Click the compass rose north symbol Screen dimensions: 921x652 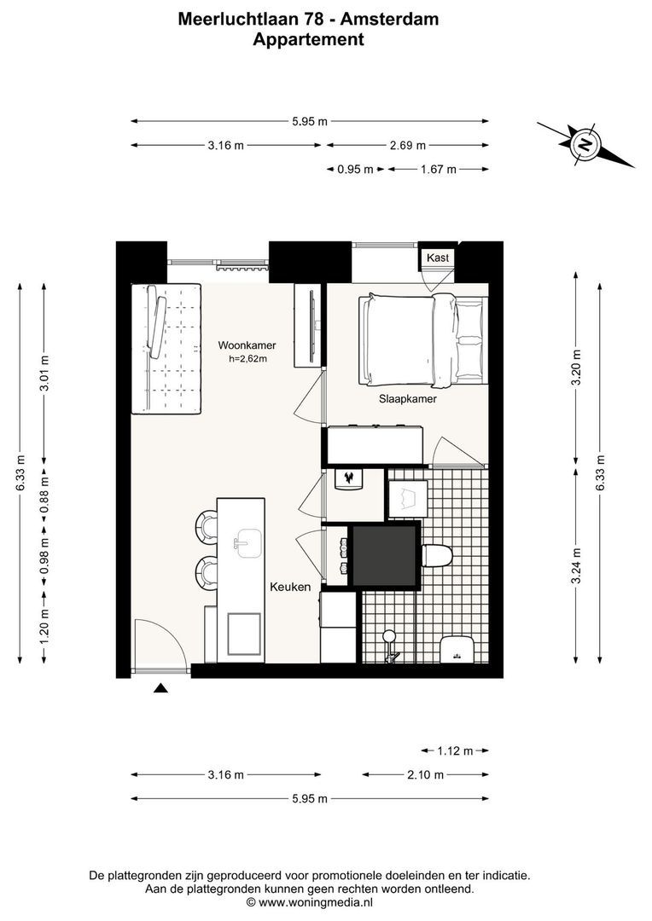[x=585, y=143]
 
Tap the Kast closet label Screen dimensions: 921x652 [x=438, y=257]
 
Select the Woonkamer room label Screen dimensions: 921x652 [x=247, y=345]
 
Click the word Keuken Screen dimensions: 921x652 [x=290, y=587]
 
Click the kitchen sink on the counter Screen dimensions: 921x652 [x=248, y=542]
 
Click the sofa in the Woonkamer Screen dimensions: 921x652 [x=166, y=349]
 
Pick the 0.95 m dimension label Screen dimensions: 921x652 [x=355, y=170]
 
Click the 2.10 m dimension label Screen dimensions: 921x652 [x=426, y=775]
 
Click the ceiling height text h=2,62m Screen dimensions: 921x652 [x=247, y=359]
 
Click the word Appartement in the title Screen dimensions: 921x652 [x=308, y=39]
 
